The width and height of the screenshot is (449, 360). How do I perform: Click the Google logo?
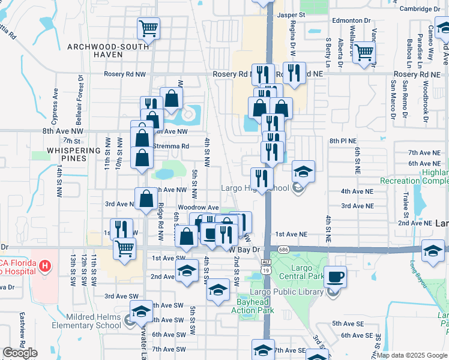click(x=20, y=353)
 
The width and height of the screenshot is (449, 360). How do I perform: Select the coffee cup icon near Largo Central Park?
click(x=335, y=276)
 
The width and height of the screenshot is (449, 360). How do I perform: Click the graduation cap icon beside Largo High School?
click(x=303, y=172)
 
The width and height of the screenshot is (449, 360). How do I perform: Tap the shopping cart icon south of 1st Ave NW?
click(x=124, y=247)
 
